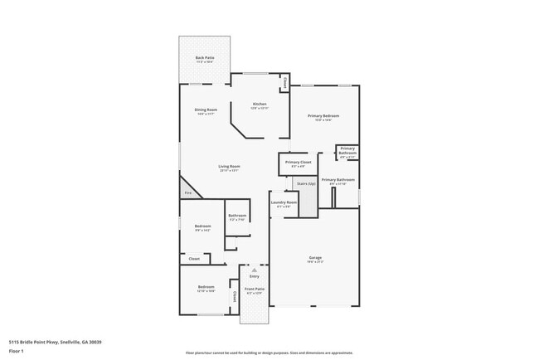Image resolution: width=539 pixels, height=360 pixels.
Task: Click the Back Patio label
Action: [x=204, y=59]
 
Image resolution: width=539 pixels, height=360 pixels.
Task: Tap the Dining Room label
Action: [x=206, y=111]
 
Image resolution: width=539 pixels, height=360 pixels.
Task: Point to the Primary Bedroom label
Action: [x=323, y=117]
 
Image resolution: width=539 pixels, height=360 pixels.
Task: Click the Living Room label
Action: [x=229, y=168]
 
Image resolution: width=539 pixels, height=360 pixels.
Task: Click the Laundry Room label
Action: [x=284, y=203]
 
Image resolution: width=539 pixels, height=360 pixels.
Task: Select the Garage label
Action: [x=315, y=259]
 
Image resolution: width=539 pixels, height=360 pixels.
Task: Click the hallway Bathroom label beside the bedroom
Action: [x=237, y=217]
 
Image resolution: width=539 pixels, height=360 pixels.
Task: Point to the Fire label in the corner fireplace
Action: [x=187, y=192]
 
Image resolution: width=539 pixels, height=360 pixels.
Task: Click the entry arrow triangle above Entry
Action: [x=255, y=270]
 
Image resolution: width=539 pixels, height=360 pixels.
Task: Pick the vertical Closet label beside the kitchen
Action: [x=284, y=83]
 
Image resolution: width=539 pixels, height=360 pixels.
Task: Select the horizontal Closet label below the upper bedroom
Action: [x=194, y=259]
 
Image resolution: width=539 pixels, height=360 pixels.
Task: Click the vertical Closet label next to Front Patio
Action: [x=235, y=296]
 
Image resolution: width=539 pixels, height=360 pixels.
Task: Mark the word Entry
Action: [x=255, y=276]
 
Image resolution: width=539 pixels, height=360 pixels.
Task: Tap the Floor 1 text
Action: [x=17, y=350]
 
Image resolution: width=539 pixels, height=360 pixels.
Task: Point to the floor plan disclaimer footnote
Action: [x=269, y=353]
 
